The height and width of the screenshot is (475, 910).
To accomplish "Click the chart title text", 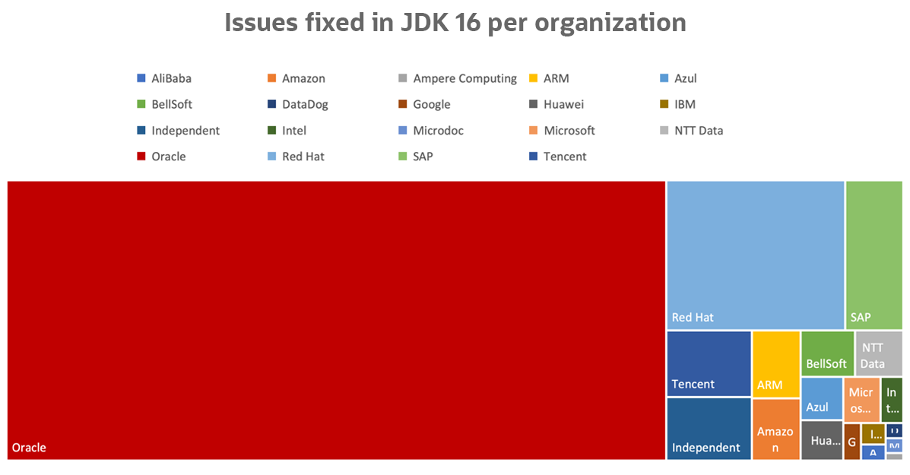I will (x=455, y=23).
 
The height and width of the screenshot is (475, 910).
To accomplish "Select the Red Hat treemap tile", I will (x=756, y=255).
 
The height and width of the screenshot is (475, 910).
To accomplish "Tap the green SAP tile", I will (x=874, y=255).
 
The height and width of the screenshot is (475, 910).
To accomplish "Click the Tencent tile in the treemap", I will (x=709, y=363).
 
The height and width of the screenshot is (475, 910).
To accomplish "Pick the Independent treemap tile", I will (x=709, y=428).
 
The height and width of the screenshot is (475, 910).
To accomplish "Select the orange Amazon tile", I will (x=776, y=429).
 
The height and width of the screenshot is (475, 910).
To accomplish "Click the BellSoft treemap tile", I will (x=827, y=353).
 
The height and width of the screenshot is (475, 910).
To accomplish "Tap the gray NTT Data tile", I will (x=879, y=353).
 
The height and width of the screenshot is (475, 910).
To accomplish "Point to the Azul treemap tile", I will (x=822, y=398).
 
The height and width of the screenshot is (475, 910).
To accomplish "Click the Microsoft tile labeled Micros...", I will (x=861, y=400).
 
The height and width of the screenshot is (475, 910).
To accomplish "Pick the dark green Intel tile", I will (x=892, y=400).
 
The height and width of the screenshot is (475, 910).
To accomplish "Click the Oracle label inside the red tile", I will (x=29, y=448).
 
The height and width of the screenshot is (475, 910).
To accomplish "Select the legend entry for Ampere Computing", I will (x=465, y=78).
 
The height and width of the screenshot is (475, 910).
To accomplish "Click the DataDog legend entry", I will (x=305, y=104).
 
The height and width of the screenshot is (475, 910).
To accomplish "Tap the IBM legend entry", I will (x=684, y=104).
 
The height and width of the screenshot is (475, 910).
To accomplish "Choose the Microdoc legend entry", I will (x=438, y=130).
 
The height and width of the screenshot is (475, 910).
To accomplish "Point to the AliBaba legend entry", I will (x=171, y=78).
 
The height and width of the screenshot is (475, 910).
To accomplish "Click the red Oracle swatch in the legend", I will (x=141, y=157).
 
